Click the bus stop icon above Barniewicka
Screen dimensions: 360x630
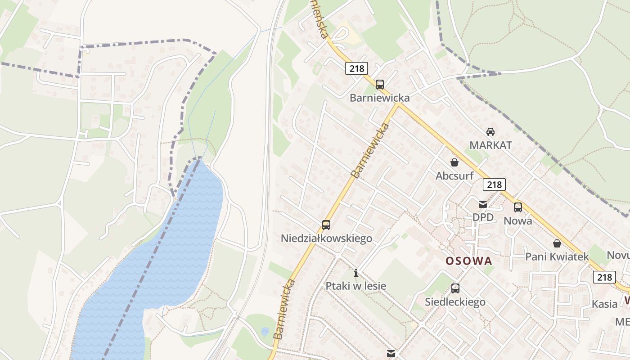pyautogui.click(x=380, y=84)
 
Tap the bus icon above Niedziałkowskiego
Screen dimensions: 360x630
pyautogui.click(x=326, y=225)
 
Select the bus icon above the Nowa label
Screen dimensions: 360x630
pyautogui.click(x=518, y=207)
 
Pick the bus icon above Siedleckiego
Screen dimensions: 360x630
pyautogui.click(x=455, y=288)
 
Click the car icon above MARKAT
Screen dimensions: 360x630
pyautogui.click(x=490, y=132)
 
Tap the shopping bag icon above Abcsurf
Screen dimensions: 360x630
pyautogui.click(x=454, y=162)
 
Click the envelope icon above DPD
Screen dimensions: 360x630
pyautogui.click(x=483, y=204)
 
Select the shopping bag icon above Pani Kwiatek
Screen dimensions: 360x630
pyautogui.click(x=557, y=243)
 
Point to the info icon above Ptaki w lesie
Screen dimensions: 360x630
pyautogui.click(x=356, y=273)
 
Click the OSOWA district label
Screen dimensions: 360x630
pyautogui.click(x=468, y=261)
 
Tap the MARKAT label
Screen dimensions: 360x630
pyautogui.click(x=490, y=145)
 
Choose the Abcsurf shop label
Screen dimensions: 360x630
pyautogui.click(x=454, y=176)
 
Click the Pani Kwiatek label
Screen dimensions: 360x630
pyautogui.click(x=557, y=257)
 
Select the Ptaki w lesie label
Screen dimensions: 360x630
pyautogui.click(x=356, y=286)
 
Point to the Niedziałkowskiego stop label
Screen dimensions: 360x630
pyautogui.click(x=326, y=238)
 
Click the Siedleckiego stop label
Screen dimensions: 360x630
pyautogui.click(x=455, y=302)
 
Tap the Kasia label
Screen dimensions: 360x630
pyautogui.click(x=604, y=304)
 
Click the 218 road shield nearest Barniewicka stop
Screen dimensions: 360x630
pyautogui.click(x=357, y=68)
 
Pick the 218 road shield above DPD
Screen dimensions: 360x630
pyautogui.click(x=494, y=184)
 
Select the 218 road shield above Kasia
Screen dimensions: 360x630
pyautogui.click(x=604, y=277)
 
